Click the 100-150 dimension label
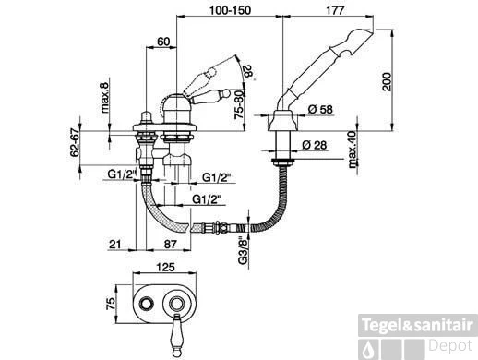tap(230, 10)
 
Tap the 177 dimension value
tap(335, 10)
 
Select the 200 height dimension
tap(387, 81)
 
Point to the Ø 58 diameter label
tap(320, 109)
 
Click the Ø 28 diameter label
tap(314, 145)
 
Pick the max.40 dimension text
tap(353, 150)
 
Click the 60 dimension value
tap(163, 42)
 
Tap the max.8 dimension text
tap(104, 98)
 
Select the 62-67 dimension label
tap(75, 144)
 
